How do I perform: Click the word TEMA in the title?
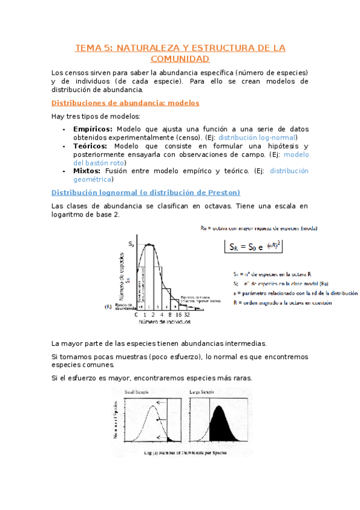pyautogui.click(x=88, y=48)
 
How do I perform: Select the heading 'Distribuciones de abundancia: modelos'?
pyautogui.click(x=126, y=103)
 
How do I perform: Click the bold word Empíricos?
pyautogui.click(x=93, y=129)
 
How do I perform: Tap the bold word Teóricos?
pyautogui.click(x=90, y=146)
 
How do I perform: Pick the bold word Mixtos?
pyautogui.click(x=87, y=171)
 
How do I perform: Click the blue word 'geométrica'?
pyautogui.click(x=92, y=179)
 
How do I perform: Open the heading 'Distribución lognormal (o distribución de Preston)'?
pyautogui.click(x=146, y=192)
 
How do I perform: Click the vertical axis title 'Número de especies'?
pyautogui.click(x=122, y=276)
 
